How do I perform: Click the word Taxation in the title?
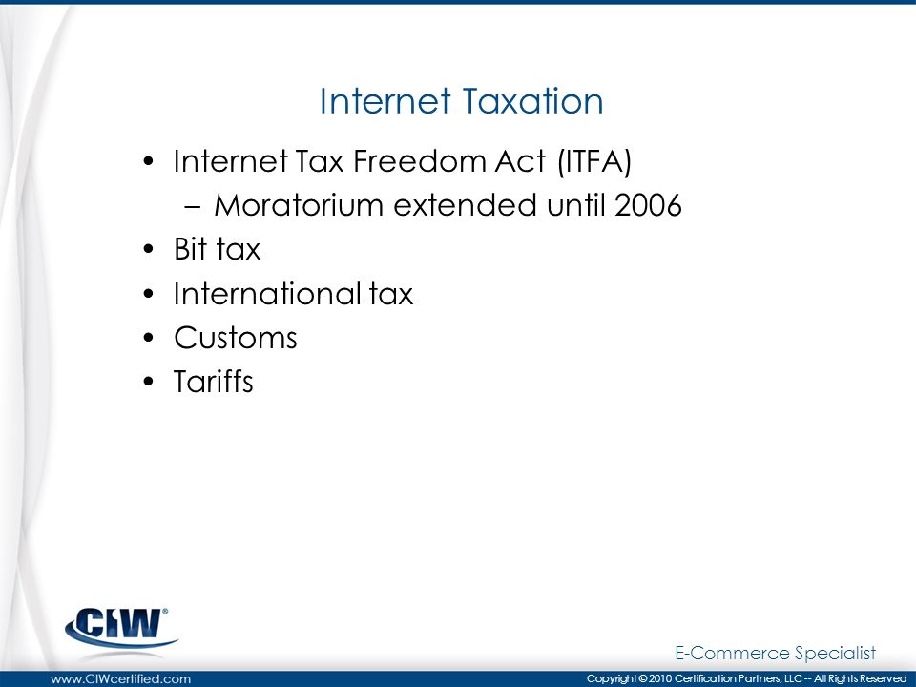point(532,101)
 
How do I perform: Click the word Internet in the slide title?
point(385,101)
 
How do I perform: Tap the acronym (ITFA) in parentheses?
point(594,162)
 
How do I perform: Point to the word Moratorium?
point(298,206)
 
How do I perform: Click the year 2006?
point(648,206)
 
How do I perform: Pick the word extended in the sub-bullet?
point(465,206)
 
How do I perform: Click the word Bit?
point(191,249)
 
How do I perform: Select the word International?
point(267,293)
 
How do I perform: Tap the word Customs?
point(236,338)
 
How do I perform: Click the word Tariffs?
point(213,382)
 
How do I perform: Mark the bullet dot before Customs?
point(149,338)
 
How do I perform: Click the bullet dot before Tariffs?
point(149,382)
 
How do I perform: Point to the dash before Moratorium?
point(192,207)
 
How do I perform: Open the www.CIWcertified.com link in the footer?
point(121,678)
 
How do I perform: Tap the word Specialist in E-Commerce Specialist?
point(836,653)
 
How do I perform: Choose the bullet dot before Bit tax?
point(149,249)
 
